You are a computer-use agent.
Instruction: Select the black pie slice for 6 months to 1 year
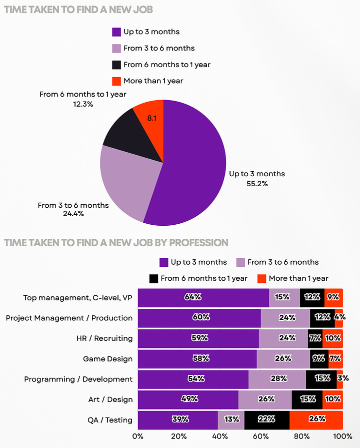pos(130,133)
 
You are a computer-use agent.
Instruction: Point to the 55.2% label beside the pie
pos(257,184)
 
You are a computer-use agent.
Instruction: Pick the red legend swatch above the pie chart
pos(116,81)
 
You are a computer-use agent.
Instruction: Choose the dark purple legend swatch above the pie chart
pos(116,32)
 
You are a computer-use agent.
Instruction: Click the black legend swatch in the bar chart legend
pos(153,278)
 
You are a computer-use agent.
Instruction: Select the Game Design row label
pos(107,358)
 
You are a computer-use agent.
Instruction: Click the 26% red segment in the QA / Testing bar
pos(316,419)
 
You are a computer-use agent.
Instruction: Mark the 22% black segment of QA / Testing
pos(267,419)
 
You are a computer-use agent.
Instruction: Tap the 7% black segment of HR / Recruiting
pos(315,338)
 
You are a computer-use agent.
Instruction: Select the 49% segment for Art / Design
pos(188,399)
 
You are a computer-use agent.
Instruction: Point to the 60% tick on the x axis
pos(260,436)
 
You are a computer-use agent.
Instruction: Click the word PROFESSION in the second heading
pos(198,243)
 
